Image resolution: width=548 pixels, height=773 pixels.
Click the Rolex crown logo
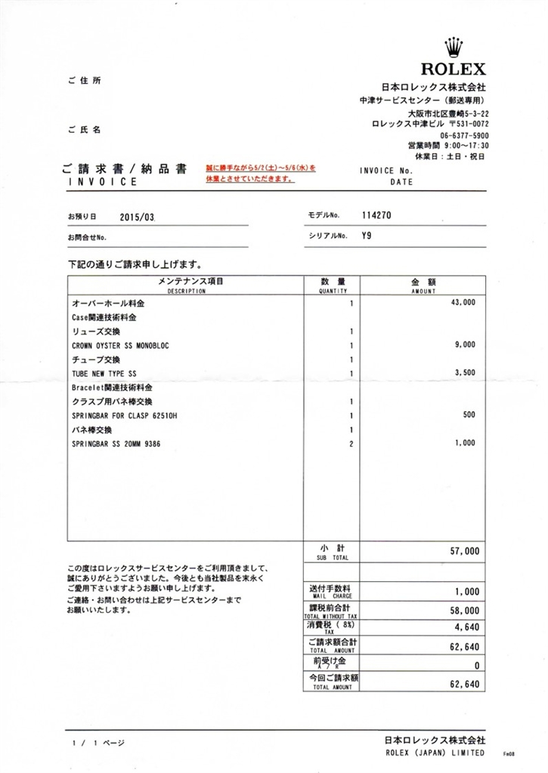(454, 47)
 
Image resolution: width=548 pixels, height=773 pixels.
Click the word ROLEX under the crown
(454, 69)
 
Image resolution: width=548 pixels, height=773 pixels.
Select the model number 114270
(376, 215)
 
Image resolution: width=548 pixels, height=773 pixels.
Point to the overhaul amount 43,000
(463, 302)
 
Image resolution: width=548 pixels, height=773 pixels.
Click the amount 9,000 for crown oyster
(465, 344)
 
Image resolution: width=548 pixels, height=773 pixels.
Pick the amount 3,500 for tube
(465, 373)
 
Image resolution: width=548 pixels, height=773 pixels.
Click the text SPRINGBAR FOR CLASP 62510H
(125, 415)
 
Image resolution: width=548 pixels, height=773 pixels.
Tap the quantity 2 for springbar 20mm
(351, 444)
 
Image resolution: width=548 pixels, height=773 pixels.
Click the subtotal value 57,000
(464, 552)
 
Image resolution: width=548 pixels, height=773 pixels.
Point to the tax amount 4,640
(466, 626)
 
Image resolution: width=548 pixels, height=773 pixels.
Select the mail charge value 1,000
(466, 593)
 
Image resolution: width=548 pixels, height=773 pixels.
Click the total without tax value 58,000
(464, 610)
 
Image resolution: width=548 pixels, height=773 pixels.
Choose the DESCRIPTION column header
(186, 291)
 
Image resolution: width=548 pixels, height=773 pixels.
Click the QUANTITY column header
(333, 291)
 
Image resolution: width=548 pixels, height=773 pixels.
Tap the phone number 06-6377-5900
(459, 135)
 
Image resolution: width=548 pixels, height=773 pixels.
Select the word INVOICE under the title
(103, 182)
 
